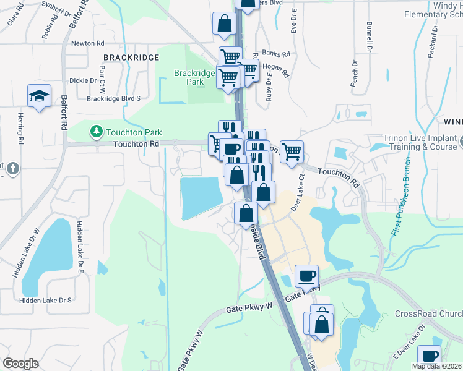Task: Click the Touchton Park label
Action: pos(134,132)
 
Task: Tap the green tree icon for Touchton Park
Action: pos(96,131)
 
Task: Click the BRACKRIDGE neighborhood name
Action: pos(131,57)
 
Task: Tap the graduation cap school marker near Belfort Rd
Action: pos(38,96)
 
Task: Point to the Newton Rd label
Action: pos(87,43)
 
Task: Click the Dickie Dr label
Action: pos(83,80)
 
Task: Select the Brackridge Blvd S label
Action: pos(114,98)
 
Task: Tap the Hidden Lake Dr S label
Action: pos(45,300)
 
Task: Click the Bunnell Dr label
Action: pos(370,36)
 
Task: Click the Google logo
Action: pos(21,364)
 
